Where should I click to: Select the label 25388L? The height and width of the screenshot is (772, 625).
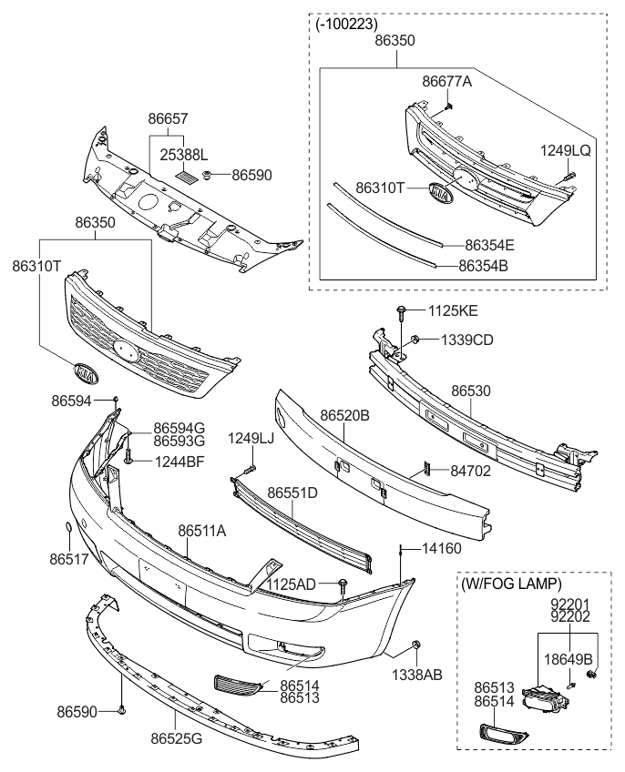[185, 154]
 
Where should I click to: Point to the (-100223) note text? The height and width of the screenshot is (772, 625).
[346, 25]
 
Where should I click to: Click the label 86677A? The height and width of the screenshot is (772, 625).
[446, 81]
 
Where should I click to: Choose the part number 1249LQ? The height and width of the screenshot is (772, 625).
[567, 150]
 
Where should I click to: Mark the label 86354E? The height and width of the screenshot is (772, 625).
[489, 245]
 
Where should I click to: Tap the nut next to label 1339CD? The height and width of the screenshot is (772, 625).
[415, 340]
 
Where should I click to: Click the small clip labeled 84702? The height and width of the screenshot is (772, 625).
[425, 469]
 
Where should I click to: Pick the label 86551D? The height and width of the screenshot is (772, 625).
[292, 493]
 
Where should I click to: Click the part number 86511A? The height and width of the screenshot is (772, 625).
[201, 530]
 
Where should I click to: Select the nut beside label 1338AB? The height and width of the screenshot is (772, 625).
[415, 646]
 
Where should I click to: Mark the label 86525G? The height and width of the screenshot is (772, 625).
[177, 737]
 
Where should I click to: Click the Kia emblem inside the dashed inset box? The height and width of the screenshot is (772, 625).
[441, 194]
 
